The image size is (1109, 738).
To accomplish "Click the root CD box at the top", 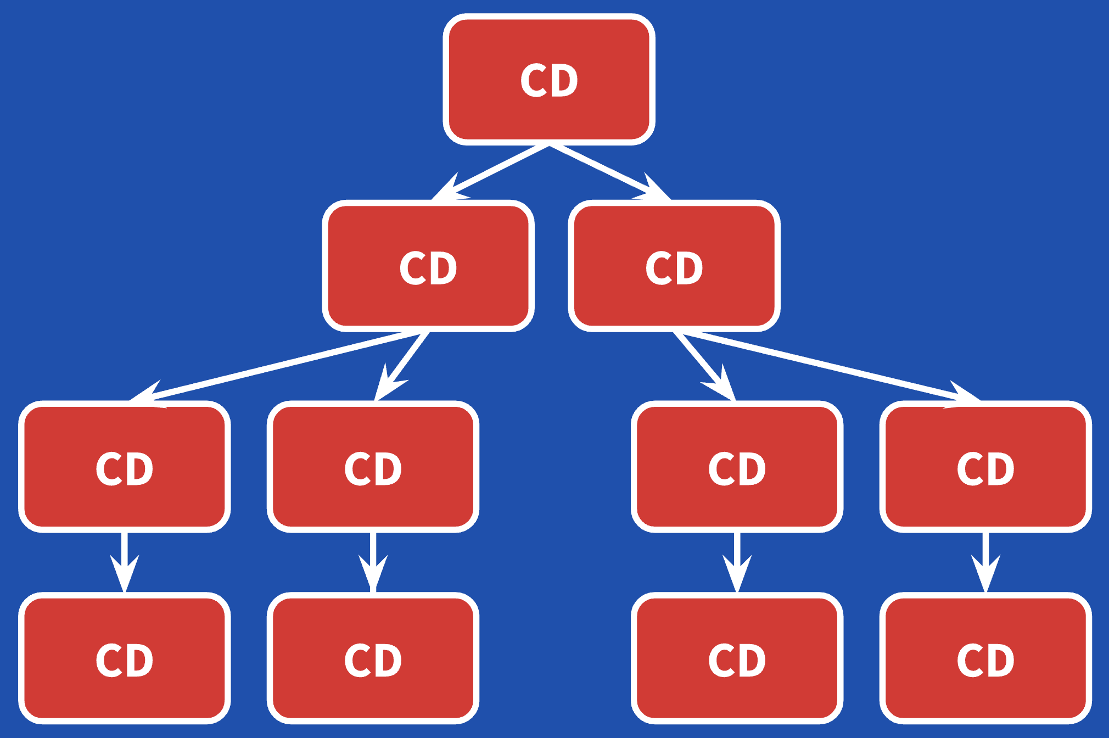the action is pyautogui.click(x=549, y=80).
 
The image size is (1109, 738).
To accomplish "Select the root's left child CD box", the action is pyautogui.click(x=428, y=266).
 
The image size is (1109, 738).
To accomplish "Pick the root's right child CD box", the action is pyautogui.click(x=674, y=266).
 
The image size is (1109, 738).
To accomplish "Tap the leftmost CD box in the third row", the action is pyautogui.click(x=125, y=467).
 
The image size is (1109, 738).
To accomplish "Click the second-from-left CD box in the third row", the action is pyautogui.click(x=373, y=467).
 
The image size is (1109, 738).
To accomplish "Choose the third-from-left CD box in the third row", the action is pyautogui.click(x=737, y=467).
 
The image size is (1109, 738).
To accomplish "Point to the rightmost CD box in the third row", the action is pyautogui.click(x=985, y=467).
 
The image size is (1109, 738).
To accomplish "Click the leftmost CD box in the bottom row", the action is pyautogui.click(x=125, y=658).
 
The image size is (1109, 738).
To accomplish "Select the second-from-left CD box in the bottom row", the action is pyautogui.click(x=373, y=658).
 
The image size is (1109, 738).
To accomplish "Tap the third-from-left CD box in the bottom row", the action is pyautogui.click(x=737, y=658).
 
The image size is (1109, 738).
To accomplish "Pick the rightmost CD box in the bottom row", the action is pyautogui.click(x=985, y=658).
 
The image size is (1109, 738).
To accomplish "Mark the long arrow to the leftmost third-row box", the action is pyautogui.click(x=275, y=365).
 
